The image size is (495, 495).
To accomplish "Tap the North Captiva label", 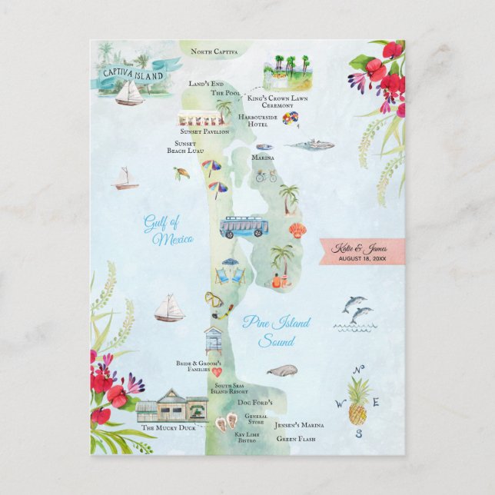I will [214, 52].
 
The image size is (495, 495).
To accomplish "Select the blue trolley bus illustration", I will [244, 227].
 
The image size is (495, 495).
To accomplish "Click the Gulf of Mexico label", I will [168, 231].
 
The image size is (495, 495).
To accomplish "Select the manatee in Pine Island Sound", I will [282, 370].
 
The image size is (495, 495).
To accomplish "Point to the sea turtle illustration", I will [181, 173].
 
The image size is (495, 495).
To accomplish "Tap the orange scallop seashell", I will [297, 230].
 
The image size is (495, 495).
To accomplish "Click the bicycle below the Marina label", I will [265, 176].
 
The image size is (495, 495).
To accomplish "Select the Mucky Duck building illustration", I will [173, 407].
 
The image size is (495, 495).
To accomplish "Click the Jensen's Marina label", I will [301, 425].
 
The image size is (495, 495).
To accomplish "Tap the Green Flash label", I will [296, 439].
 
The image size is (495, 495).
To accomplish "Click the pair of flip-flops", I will [226, 422].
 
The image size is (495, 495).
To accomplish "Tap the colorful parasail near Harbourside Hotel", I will [291, 119].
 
